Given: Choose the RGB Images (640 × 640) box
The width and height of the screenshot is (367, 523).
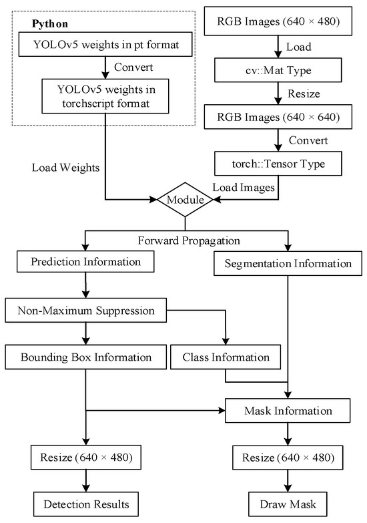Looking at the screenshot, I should [x=279, y=117].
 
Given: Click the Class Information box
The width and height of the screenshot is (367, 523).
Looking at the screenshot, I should [x=226, y=357].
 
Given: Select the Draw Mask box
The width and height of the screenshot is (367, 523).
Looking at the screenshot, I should [x=288, y=502].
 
